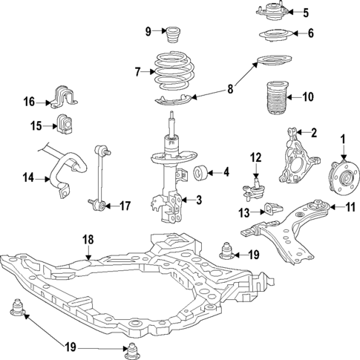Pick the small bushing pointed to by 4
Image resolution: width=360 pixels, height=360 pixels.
click(200, 174)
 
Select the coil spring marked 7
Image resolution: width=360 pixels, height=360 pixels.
click(175, 71)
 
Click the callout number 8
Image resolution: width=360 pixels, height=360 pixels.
click(230, 89)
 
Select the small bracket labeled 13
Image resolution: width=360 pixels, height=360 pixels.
click(272, 212)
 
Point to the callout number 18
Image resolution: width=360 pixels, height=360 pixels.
click(88, 239)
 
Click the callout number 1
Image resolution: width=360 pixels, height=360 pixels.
click(344, 138)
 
